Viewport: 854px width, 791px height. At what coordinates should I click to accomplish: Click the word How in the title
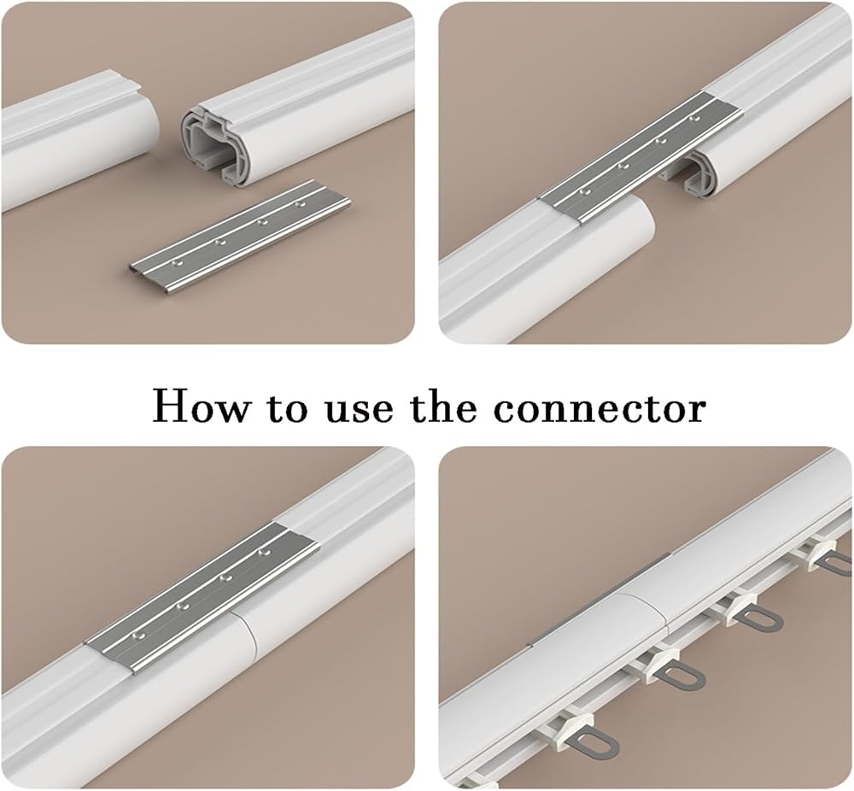199,406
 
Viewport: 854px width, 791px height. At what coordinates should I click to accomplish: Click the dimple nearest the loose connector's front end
175,263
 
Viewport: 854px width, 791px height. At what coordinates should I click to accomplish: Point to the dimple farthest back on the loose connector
298,204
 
